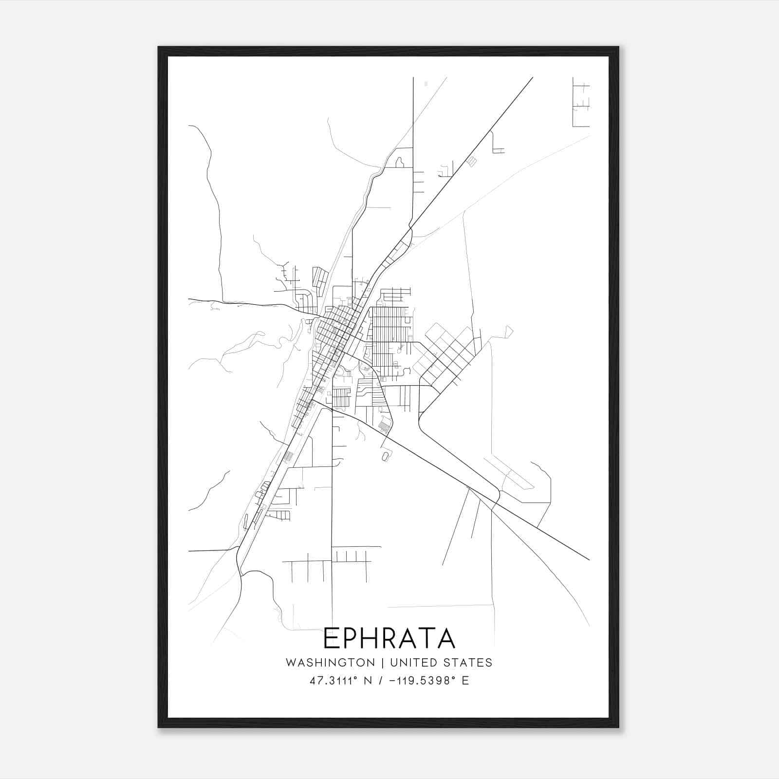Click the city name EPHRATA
[389, 638]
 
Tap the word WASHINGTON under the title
[330, 663]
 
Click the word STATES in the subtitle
[468, 663]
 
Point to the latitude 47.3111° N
[340, 681]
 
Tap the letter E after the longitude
[465, 681]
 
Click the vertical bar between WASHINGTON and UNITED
[383, 663]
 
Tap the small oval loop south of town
[386, 457]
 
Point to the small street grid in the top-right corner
[581, 102]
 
